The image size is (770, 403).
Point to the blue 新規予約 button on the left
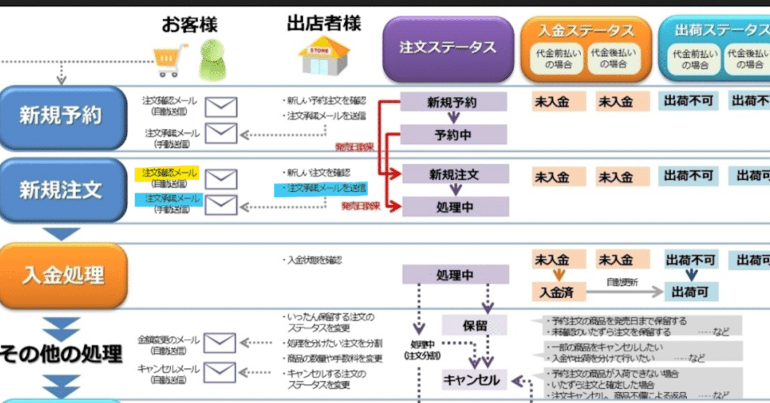click(63, 117)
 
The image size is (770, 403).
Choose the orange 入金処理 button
click(63, 275)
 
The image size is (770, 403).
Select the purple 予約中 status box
click(454, 135)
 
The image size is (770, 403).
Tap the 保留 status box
click(474, 325)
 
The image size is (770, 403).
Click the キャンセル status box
click(475, 380)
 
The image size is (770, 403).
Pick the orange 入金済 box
click(558, 292)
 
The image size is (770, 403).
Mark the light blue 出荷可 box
click(691, 292)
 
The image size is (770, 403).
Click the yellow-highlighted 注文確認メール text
click(161, 173)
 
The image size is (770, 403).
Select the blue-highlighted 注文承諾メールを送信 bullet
click(321, 188)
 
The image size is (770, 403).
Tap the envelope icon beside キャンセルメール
click(220, 372)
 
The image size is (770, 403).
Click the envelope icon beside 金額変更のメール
click(220, 343)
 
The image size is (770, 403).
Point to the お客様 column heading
click(189, 25)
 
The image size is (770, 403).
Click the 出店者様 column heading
click(324, 23)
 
